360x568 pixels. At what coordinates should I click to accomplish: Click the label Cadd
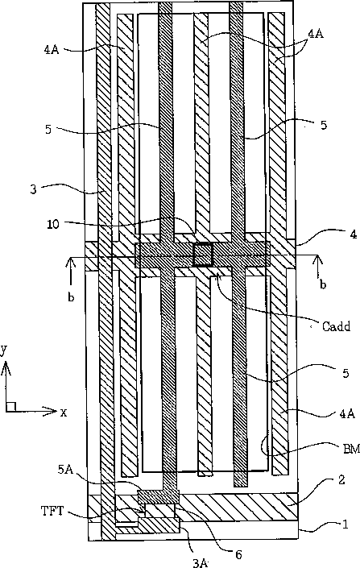336,326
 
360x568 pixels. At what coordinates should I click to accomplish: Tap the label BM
351,450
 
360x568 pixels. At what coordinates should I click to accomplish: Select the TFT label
52,511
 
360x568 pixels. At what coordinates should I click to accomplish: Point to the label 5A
65,470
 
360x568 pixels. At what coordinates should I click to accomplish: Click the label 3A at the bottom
201,562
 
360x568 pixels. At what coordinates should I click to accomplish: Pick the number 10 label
53,224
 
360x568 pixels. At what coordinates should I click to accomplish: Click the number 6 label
238,554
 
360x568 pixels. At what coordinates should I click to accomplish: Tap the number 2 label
341,480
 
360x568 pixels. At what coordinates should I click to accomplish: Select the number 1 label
346,524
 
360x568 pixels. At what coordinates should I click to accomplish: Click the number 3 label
33,189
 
